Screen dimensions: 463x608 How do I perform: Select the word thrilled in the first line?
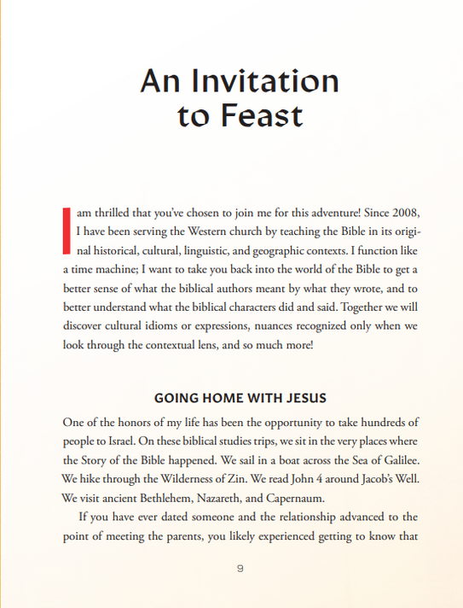coord(121,212)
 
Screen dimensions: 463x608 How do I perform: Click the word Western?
coord(239,231)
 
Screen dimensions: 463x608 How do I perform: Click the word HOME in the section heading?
coord(218,399)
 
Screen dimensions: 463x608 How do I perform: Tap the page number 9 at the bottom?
coord(240,569)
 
